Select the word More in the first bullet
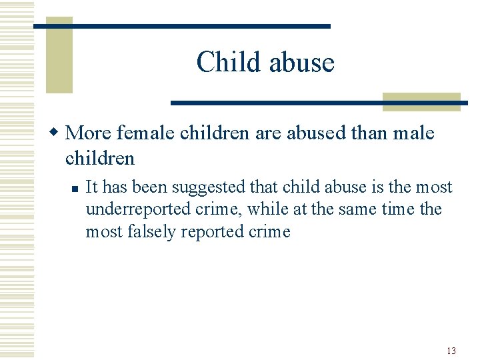coord(89,133)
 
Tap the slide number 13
coord(451,351)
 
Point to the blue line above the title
coord(181,26)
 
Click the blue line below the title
coord(319,103)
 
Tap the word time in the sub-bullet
coord(398,209)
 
